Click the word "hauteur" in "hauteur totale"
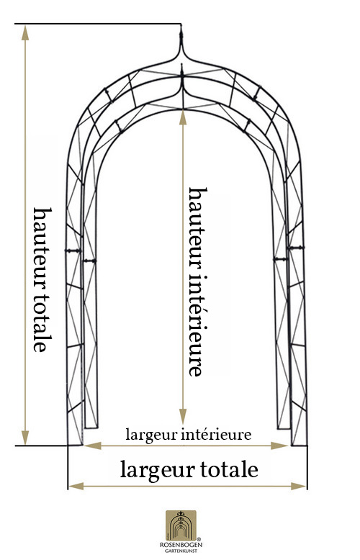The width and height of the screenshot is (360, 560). click(x=43, y=244)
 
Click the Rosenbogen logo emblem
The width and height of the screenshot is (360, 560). click(x=181, y=525)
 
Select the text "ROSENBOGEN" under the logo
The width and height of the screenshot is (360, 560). click(x=181, y=545)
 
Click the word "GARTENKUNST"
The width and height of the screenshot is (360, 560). click(x=181, y=551)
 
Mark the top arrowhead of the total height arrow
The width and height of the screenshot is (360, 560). click(x=25, y=32)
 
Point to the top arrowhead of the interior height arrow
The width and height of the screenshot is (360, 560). click(x=183, y=118)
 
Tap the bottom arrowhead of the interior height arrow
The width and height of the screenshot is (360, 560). click(x=183, y=417)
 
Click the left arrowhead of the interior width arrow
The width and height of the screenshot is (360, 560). click(x=93, y=446)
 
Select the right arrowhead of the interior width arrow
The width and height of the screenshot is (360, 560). click(x=279, y=446)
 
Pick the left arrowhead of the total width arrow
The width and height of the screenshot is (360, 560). click(x=76, y=486)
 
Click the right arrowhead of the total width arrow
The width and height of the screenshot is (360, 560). click(x=299, y=486)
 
